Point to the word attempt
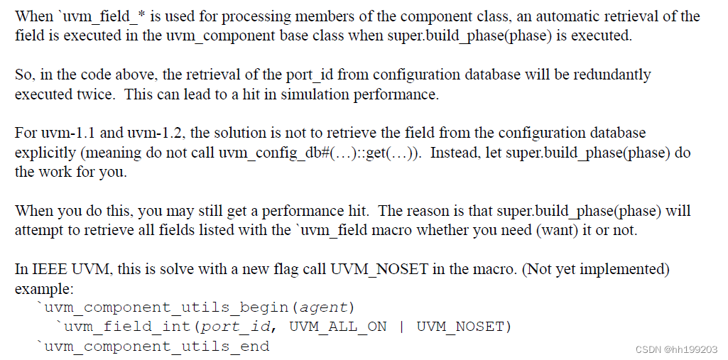(x=37, y=230)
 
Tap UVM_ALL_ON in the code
(x=338, y=327)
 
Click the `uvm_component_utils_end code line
(x=153, y=347)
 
